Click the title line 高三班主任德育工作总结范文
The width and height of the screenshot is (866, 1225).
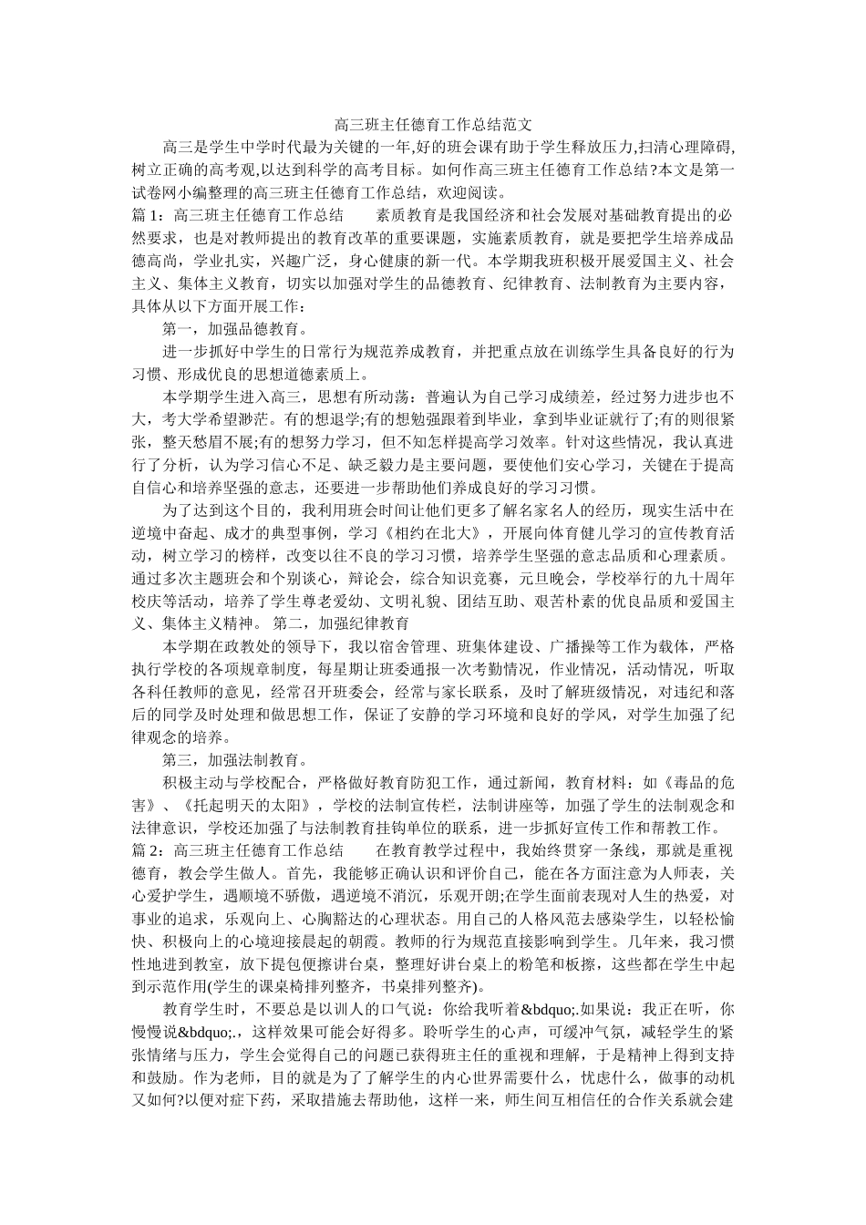[432, 123]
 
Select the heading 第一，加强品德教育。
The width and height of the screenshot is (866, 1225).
[234, 329]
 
